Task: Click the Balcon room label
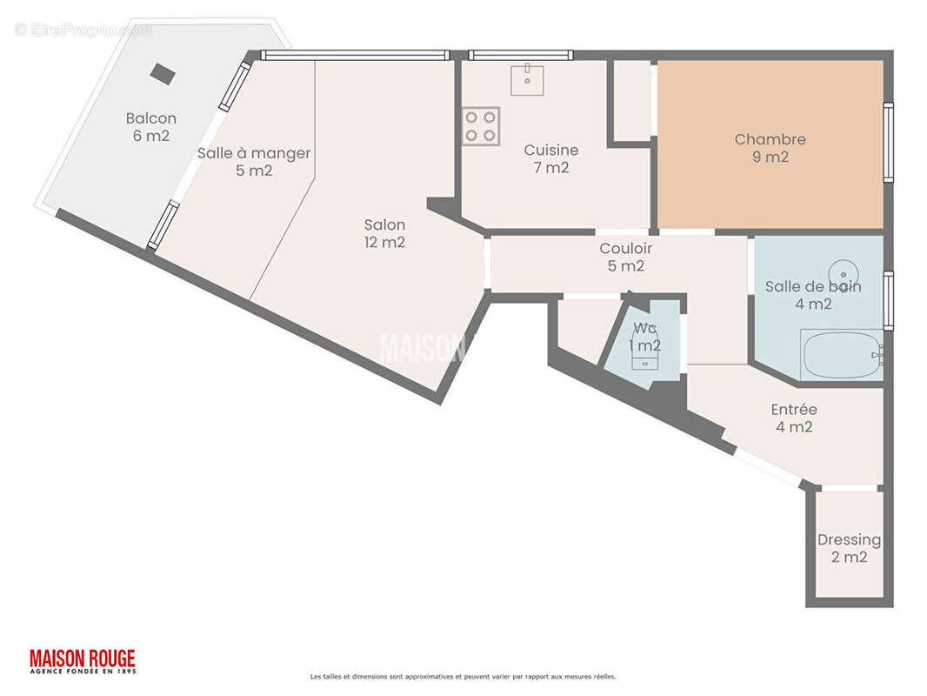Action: [150, 127]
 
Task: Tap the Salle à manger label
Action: [254, 162]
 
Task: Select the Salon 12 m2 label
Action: [384, 233]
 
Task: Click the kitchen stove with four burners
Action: [481, 126]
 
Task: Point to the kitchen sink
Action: [527, 79]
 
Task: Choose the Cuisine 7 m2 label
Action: [550, 158]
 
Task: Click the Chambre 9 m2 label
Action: [770, 148]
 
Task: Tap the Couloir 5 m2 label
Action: [625, 258]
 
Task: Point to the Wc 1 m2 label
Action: [644, 337]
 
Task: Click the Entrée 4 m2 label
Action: [794, 418]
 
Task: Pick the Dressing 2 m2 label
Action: [849, 548]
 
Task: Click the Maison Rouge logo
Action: [83, 661]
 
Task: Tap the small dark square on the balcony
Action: [162, 73]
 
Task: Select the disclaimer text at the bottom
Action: [463, 676]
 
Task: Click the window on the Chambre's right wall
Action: [888, 143]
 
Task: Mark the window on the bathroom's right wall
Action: [888, 301]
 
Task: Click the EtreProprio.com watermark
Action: [83, 30]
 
